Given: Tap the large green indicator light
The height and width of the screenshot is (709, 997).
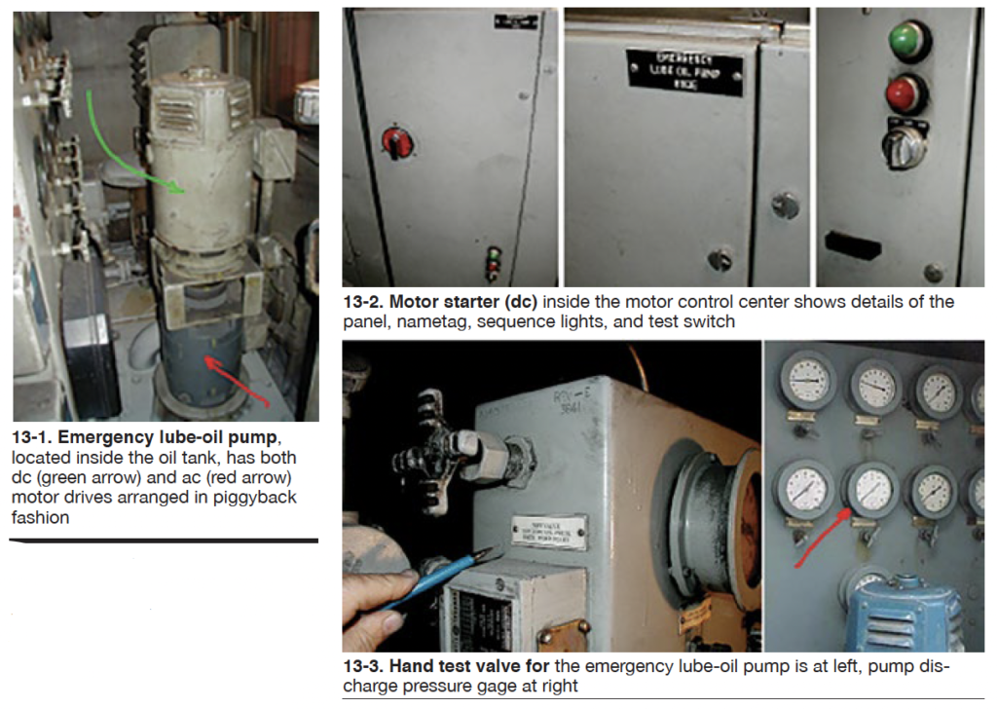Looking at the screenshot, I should pos(908,41).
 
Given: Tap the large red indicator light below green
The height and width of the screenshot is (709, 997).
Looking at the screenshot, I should pos(906,94).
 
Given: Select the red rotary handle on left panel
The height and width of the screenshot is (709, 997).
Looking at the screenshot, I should pos(396,141).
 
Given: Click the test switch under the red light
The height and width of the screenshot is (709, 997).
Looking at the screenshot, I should pos(905,144).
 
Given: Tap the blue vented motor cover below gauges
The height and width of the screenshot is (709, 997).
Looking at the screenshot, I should pos(909,612).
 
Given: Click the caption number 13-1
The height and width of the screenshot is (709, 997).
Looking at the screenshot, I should pos(33,437).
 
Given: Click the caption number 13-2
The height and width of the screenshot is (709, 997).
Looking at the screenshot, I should pos(364,302).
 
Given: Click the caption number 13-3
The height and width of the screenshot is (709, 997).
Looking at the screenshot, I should pos(364,667).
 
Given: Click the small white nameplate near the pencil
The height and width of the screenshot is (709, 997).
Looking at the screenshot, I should pos(548,532).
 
